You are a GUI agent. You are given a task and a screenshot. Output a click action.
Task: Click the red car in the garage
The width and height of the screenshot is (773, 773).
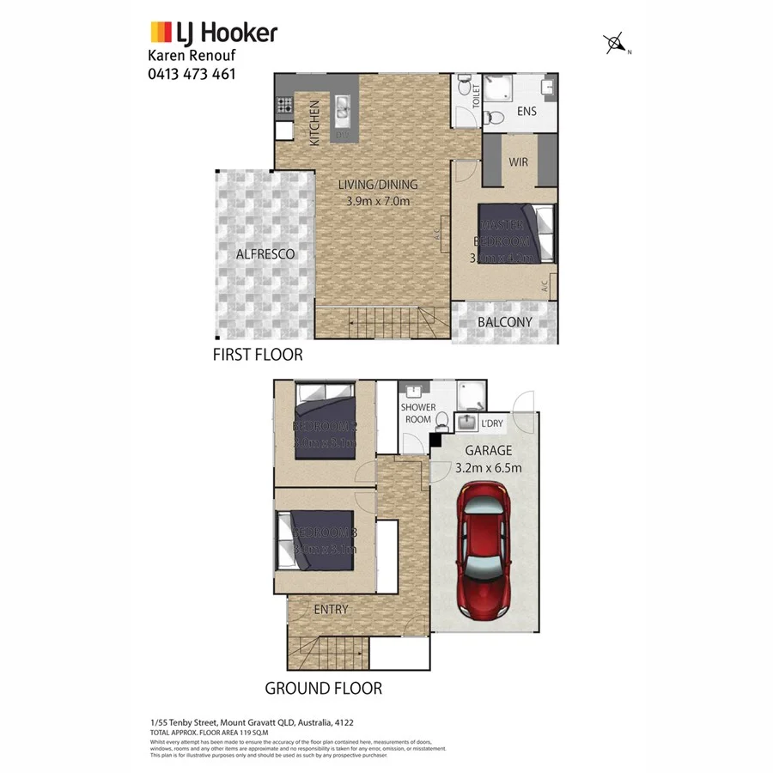point(486,551)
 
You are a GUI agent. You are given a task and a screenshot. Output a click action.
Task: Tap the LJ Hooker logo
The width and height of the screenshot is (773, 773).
point(214,33)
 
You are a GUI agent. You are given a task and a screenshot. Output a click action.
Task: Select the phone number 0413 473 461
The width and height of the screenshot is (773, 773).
point(192,74)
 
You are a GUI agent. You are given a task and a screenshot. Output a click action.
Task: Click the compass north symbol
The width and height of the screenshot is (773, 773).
point(615,42)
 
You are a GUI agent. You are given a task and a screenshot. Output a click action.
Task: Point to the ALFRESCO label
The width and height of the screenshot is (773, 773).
point(265,254)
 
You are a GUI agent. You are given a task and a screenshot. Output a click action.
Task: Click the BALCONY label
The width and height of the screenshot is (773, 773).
point(504,323)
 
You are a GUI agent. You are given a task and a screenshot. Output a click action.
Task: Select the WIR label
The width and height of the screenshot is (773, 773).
point(518,161)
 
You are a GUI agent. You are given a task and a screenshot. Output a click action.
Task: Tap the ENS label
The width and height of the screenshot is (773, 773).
point(526,113)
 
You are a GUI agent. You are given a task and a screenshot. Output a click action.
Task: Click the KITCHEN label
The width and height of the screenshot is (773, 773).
point(314,123)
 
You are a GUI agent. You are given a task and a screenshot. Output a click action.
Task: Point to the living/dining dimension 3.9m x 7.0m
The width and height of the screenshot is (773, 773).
point(377,202)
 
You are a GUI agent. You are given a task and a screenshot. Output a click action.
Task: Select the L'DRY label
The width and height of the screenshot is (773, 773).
point(492,423)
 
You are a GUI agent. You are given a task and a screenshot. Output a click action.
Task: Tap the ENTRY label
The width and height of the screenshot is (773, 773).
point(332,610)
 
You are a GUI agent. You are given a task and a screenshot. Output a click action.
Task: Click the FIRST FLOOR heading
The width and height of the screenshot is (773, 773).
point(258,354)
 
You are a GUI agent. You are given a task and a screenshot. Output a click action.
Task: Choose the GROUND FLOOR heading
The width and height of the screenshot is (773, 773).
point(323,688)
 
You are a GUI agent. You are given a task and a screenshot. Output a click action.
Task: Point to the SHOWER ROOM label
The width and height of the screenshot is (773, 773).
point(418,413)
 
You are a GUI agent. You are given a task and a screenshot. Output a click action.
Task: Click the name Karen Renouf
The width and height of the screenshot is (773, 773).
point(191,56)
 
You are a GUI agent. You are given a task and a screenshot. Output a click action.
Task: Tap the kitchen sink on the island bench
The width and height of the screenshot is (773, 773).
point(343,107)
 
